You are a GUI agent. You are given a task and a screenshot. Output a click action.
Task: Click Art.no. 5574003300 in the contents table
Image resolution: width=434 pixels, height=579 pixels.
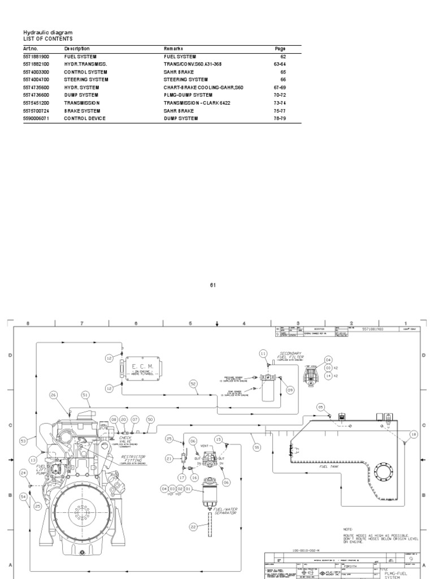(x=36, y=72)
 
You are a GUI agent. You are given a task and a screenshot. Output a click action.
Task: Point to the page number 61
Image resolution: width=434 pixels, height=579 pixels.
(x=214, y=285)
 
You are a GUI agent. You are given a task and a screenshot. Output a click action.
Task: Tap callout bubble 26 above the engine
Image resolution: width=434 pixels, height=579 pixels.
(x=54, y=395)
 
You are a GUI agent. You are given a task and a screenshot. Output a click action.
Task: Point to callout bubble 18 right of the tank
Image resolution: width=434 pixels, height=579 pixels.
(x=413, y=434)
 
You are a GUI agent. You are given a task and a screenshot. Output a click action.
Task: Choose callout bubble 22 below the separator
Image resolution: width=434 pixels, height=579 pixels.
(x=193, y=526)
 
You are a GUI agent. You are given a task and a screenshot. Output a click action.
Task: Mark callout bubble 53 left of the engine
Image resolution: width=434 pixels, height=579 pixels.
(x=23, y=440)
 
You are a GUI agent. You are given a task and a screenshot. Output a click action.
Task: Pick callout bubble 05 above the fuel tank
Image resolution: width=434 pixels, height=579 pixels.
(x=320, y=407)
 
